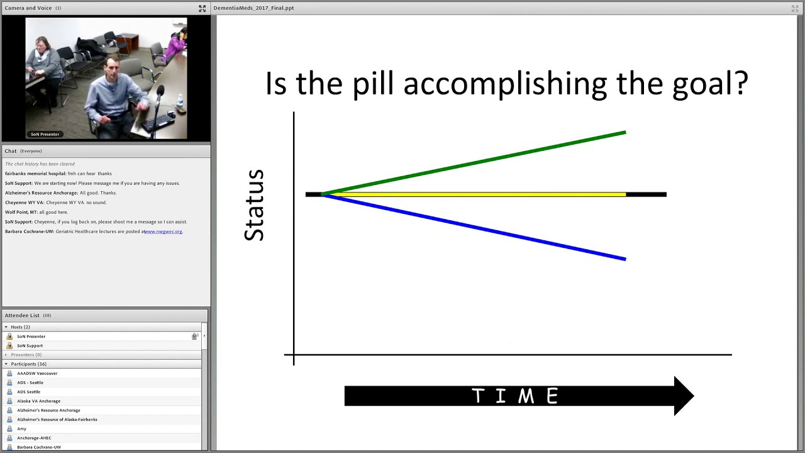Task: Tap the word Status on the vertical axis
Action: pyautogui.click(x=255, y=205)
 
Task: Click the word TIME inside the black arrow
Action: pyautogui.click(x=515, y=396)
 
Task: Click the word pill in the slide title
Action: pyautogui.click(x=374, y=84)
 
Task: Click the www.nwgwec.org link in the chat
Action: pyautogui.click(x=164, y=232)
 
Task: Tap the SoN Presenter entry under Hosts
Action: pyautogui.click(x=31, y=337)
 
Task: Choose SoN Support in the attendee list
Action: pyautogui.click(x=30, y=345)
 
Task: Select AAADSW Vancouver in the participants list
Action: pyautogui.click(x=37, y=373)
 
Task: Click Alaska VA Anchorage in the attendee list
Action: pyautogui.click(x=39, y=401)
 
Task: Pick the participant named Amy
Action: pyautogui.click(x=22, y=428)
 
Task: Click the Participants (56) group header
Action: pyautogui.click(x=28, y=364)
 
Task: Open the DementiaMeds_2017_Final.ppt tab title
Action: pyautogui.click(x=253, y=8)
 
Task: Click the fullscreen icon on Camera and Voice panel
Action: pyautogui.click(x=202, y=8)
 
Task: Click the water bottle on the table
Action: pyautogui.click(x=180, y=101)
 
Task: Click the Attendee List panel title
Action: pyautogui.click(x=22, y=315)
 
